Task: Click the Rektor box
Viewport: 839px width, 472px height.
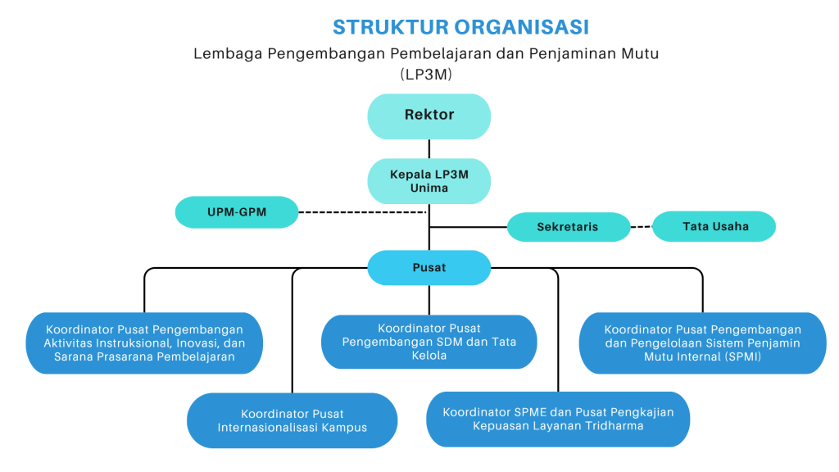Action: tap(429, 116)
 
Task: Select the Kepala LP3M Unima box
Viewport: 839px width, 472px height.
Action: tap(429, 181)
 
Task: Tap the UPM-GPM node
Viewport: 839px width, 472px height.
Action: tap(236, 212)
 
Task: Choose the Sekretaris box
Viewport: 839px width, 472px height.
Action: tap(568, 227)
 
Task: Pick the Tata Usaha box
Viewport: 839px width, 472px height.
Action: tap(714, 226)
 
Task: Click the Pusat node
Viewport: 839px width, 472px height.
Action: tap(429, 268)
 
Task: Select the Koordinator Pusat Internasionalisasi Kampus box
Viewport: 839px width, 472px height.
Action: tap(292, 420)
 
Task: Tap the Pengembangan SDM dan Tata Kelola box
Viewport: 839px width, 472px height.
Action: tap(429, 342)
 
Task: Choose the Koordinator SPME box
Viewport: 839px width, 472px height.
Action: tap(558, 419)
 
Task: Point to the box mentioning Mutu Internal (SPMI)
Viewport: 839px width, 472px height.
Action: tap(702, 343)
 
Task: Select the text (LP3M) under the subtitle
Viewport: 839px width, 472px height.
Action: tap(426, 74)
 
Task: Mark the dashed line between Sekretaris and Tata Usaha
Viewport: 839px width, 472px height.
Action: tap(642, 227)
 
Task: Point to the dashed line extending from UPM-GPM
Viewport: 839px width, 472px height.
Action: tap(361, 212)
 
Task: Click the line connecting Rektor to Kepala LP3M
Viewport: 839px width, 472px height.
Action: tap(429, 148)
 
